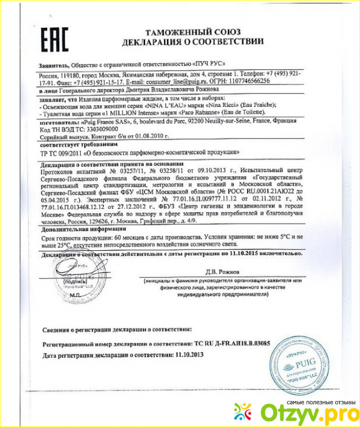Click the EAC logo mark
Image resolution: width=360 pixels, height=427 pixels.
click(54, 39)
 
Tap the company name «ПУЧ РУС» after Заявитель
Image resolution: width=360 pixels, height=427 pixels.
click(209, 64)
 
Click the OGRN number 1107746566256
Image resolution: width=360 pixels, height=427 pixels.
click(244, 80)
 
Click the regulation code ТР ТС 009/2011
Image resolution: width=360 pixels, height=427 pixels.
click(58, 151)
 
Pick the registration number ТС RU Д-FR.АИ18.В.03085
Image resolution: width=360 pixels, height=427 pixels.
click(232, 343)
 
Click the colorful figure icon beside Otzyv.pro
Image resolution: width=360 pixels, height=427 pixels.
click(243, 411)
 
